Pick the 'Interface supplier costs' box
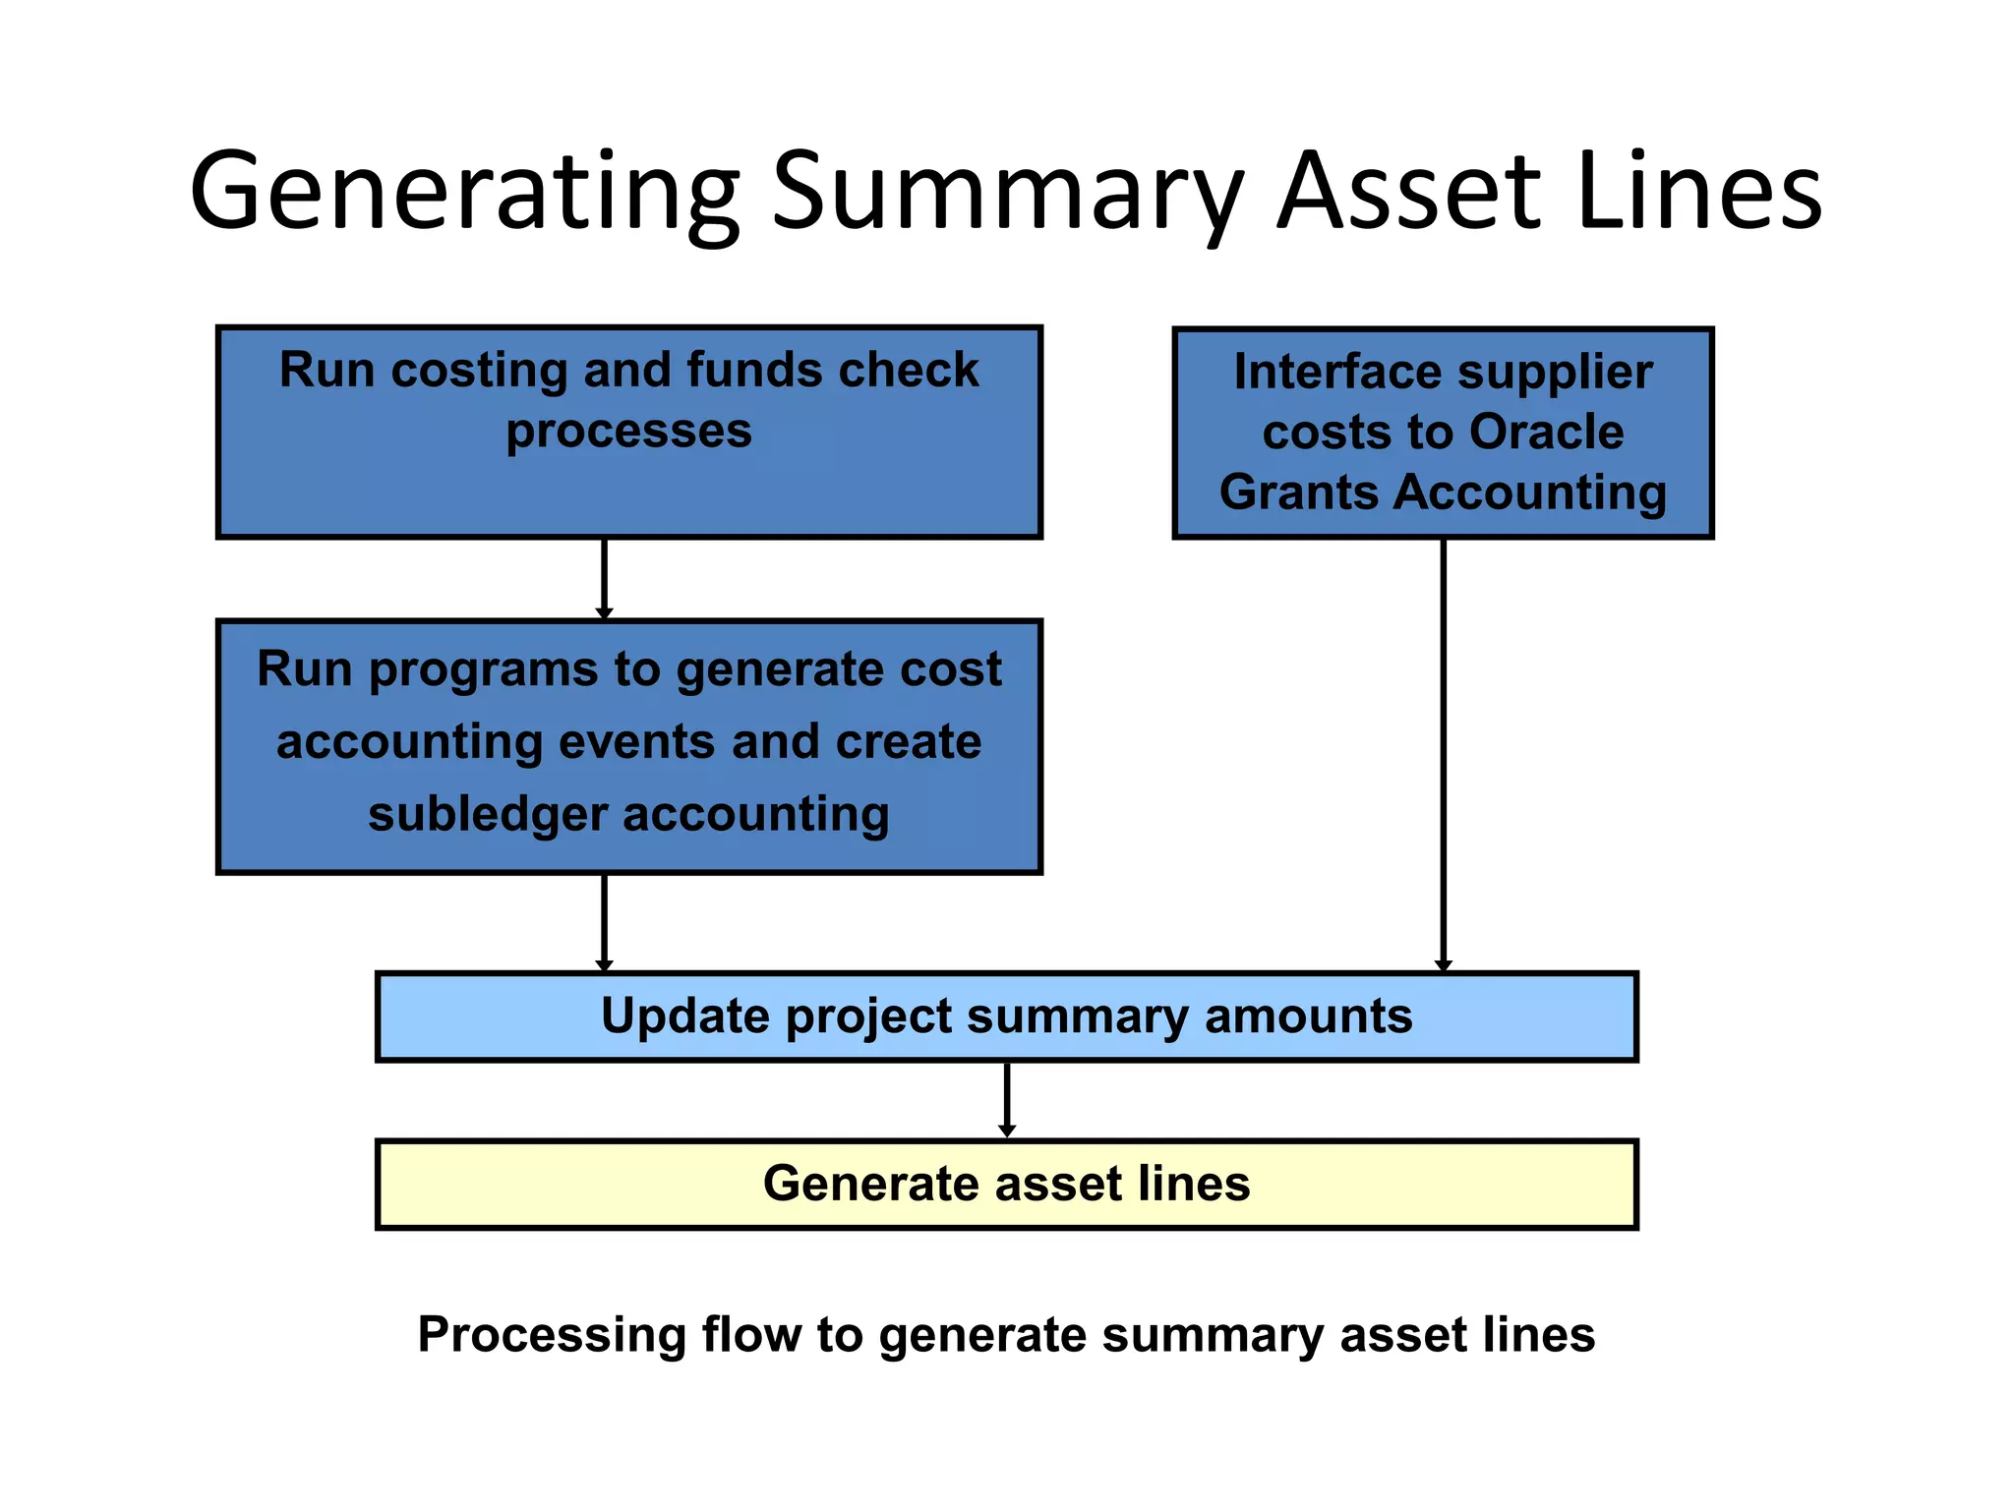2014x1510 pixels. click(1443, 433)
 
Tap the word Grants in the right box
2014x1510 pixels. click(1298, 493)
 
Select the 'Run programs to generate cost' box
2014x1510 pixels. click(628, 746)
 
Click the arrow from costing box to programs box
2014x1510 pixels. click(604, 578)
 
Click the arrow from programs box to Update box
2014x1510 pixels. click(604, 921)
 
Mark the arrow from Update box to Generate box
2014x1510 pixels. click(1006, 1099)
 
